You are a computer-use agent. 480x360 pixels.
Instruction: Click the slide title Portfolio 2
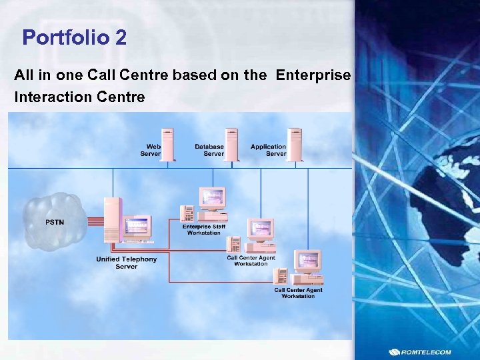click(74, 37)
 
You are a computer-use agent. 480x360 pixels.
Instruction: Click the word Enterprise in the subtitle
click(313, 75)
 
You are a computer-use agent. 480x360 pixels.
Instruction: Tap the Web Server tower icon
click(167, 145)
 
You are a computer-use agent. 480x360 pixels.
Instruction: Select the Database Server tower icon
click(231, 145)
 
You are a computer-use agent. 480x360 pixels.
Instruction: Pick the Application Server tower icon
click(294, 145)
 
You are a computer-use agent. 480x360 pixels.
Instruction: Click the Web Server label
click(151, 150)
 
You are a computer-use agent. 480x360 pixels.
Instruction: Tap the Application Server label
click(268, 150)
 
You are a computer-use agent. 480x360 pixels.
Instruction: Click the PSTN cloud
click(55, 221)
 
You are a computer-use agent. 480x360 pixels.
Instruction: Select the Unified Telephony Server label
click(127, 263)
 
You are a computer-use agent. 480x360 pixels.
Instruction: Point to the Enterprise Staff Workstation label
click(204, 229)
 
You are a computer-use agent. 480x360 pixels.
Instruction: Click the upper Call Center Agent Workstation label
click(251, 261)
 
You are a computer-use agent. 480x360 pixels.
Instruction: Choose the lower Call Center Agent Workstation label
click(298, 293)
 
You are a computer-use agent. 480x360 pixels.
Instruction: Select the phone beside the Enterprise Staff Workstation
click(187, 213)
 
